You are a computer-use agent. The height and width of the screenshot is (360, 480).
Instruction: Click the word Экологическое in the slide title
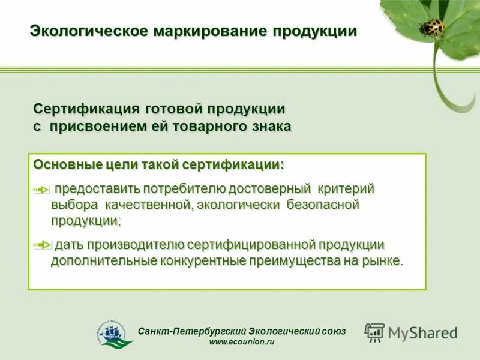pyautogui.click(x=86, y=31)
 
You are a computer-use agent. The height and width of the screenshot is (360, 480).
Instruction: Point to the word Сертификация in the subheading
pyautogui.click(x=86, y=110)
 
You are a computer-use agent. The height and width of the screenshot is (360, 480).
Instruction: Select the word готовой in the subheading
pyautogui.click(x=173, y=110)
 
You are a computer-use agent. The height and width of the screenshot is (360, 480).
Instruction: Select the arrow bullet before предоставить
pyautogui.click(x=41, y=190)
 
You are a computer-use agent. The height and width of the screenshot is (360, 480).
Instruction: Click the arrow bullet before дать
pyautogui.click(x=41, y=245)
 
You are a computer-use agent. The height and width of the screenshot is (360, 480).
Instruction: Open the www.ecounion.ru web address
pyautogui.click(x=242, y=343)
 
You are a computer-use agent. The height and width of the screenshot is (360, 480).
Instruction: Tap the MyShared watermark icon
pyautogui.click(x=375, y=332)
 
